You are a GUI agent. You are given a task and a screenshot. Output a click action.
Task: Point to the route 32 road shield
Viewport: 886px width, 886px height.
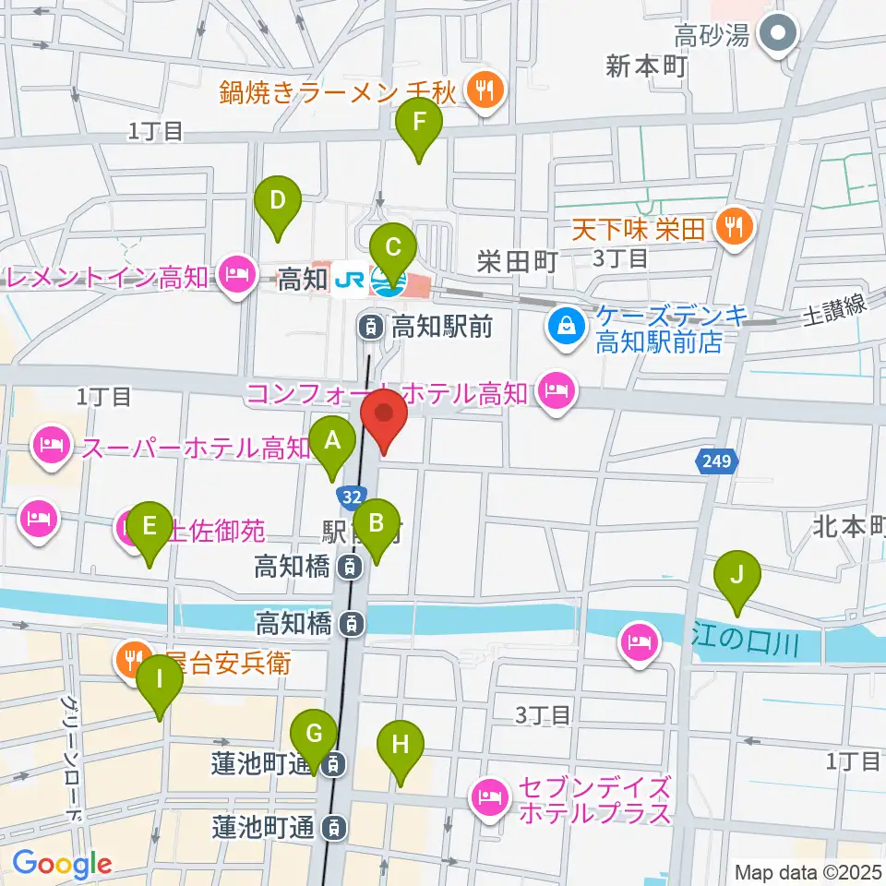click(x=349, y=497)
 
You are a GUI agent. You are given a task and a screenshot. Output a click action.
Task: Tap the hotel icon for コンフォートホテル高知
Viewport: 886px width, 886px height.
click(x=557, y=391)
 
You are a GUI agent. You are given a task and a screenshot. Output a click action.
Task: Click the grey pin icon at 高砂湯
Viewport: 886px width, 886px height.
click(x=777, y=35)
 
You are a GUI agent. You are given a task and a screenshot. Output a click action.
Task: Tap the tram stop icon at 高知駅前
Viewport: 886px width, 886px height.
click(x=369, y=325)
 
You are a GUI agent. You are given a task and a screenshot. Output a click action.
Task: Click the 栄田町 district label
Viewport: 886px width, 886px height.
click(x=517, y=261)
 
